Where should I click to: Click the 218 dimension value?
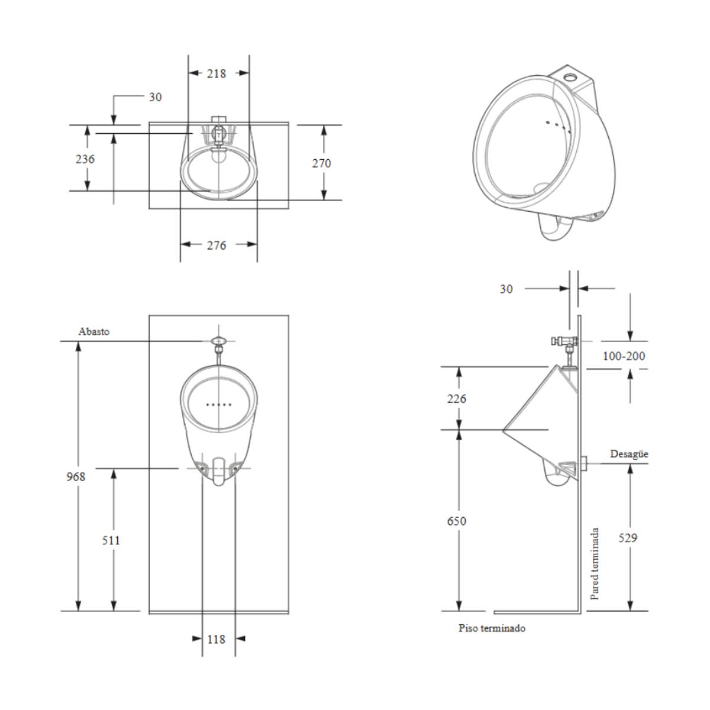217,74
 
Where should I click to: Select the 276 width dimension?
217,246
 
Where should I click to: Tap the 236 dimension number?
85,159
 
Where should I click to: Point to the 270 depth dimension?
322,163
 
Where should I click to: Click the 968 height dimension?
76,477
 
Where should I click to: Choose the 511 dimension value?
111,541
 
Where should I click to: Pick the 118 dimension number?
217,639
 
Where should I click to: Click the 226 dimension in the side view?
457,399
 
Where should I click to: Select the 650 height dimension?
457,521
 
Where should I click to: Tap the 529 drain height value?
628,538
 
